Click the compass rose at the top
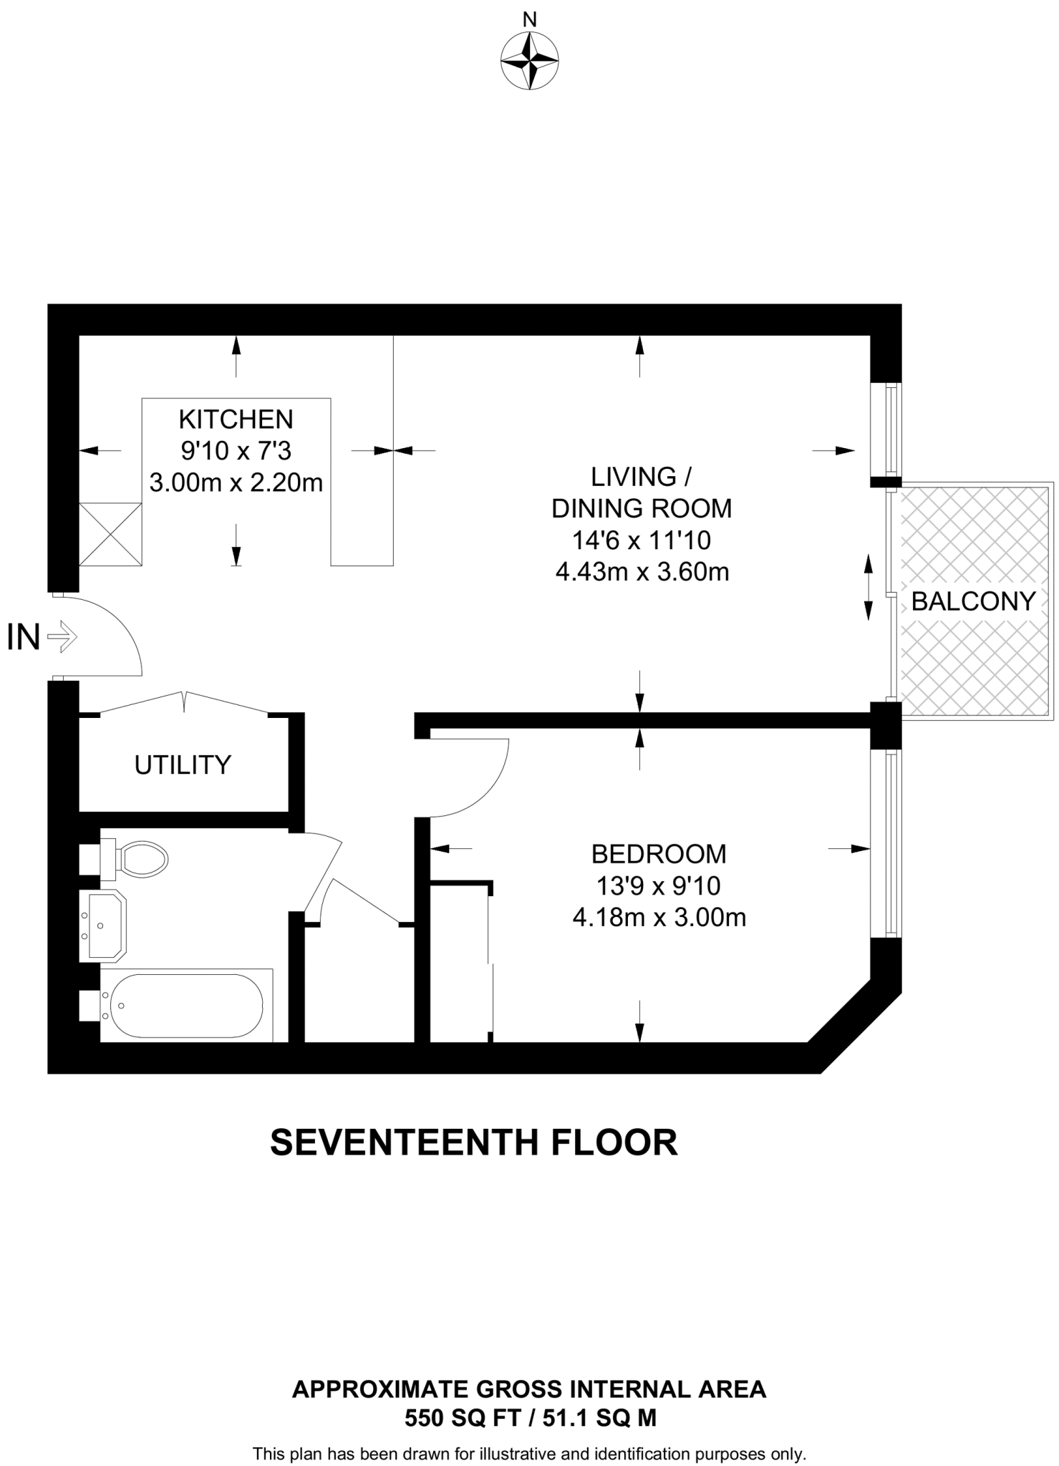(x=529, y=62)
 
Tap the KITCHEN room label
(x=236, y=418)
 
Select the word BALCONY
(x=973, y=601)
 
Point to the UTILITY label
(x=183, y=765)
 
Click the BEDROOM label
(x=659, y=854)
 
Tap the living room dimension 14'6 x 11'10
(x=641, y=540)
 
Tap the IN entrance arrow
(x=62, y=636)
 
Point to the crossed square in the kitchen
(x=110, y=533)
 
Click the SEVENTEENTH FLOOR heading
(x=473, y=1142)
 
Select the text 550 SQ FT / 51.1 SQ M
(x=530, y=1418)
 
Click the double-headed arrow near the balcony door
(x=868, y=587)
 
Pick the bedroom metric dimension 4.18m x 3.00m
(x=659, y=918)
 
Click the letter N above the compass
(x=529, y=20)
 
